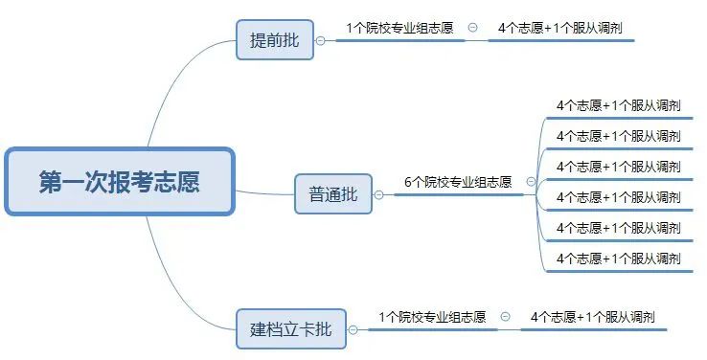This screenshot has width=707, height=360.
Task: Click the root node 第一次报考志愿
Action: click(x=119, y=182)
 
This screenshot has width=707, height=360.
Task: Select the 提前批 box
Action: click(x=274, y=40)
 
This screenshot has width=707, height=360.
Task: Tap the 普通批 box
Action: click(x=332, y=194)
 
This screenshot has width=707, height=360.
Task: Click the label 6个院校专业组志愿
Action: click(x=457, y=181)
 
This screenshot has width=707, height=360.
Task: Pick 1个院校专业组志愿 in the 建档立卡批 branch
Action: click(x=431, y=316)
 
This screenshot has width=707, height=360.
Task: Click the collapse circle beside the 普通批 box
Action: click(x=378, y=194)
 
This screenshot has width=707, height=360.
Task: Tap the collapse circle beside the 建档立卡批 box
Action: click(x=353, y=329)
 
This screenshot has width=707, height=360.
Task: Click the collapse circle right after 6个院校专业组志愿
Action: click(x=531, y=181)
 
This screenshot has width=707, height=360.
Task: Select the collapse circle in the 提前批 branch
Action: click(x=473, y=28)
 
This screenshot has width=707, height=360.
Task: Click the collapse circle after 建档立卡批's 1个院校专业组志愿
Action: click(x=506, y=316)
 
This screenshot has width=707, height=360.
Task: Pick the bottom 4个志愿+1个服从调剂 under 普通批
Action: click(x=618, y=259)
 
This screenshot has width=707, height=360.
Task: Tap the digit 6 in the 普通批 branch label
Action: click(x=407, y=181)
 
